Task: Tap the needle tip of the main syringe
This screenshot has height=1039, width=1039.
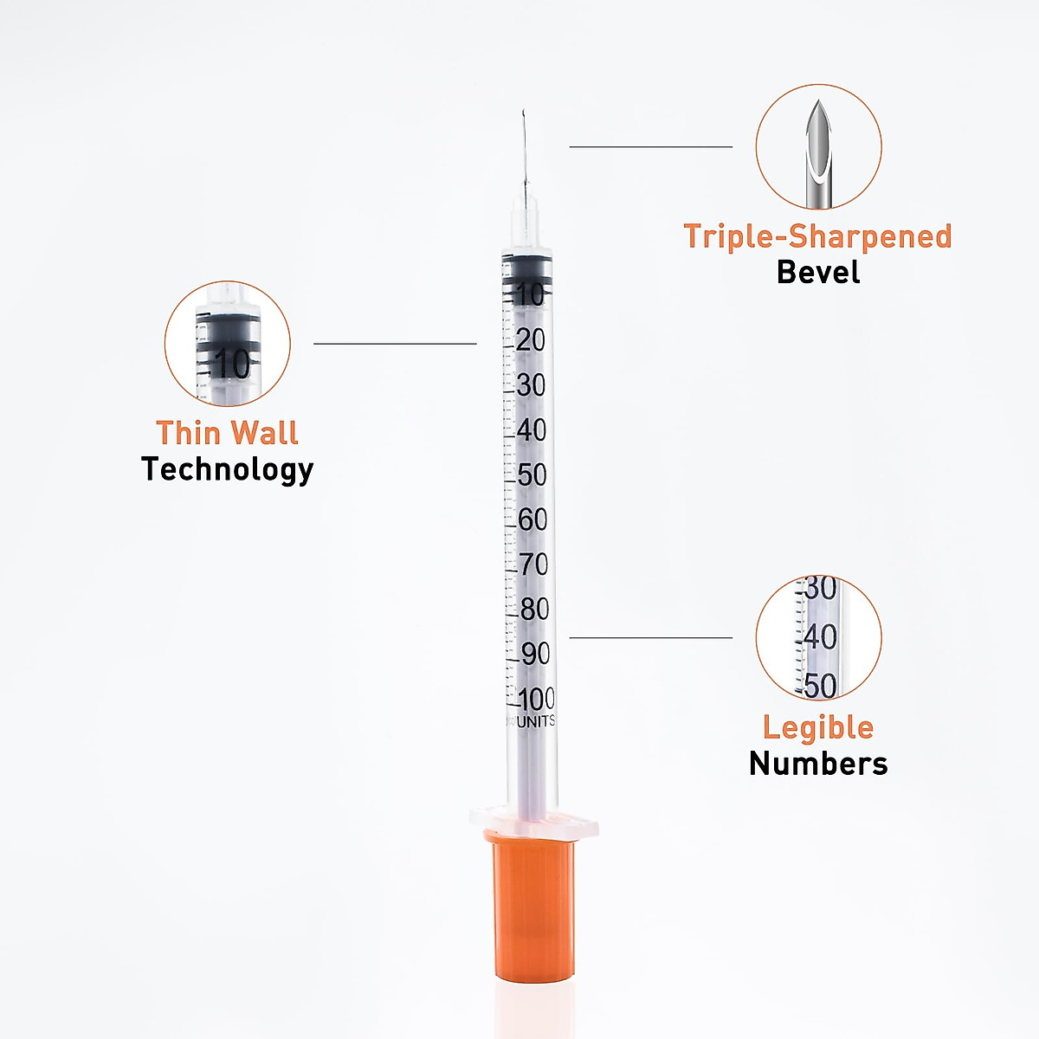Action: click(x=523, y=113)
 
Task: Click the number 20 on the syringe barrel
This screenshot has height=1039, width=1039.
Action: click(x=531, y=340)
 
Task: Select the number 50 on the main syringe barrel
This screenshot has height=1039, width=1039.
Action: click(x=532, y=474)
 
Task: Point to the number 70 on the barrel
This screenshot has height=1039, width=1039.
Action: click(x=533, y=565)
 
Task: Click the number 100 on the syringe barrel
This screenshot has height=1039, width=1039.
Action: click(x=537, y=699)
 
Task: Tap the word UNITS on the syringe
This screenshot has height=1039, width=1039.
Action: click(x=536, y=721)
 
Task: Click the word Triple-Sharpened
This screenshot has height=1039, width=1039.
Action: click(x=817, y=236)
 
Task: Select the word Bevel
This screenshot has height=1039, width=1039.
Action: click(x=818, y=272)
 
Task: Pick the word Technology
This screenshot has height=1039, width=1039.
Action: click(x=227, y=469)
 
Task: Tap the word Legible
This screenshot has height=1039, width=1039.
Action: click(x=818, y=727)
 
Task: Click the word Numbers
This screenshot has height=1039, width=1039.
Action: click(x=818, y=764)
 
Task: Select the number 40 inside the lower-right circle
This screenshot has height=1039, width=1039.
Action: click(x=820, y=637)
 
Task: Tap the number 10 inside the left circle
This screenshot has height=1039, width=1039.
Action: click(x=231, y=364)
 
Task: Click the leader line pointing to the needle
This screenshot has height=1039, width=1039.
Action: click(x=650, y=147)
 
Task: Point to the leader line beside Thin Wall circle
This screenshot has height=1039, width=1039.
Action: click(x=395, y=344)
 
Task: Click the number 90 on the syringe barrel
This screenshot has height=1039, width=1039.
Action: click(x=535, y=655)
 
